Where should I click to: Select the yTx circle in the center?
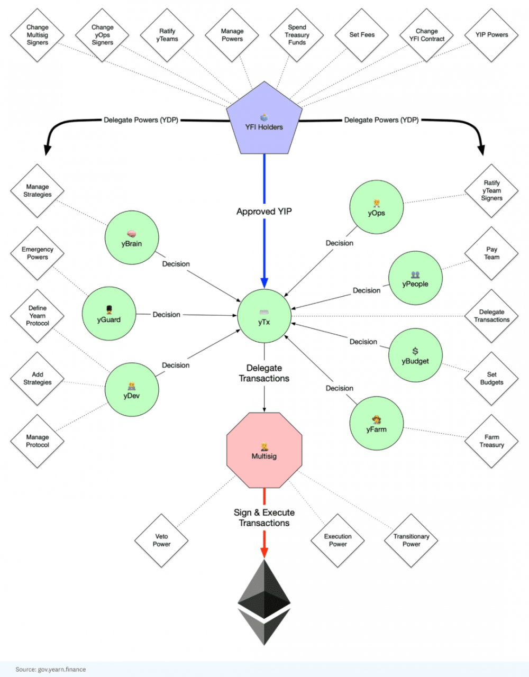[264, 316]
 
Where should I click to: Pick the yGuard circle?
[108, 314]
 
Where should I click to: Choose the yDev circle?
[131, 390]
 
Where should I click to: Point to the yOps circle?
[376, 208]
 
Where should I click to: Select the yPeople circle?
[415, 279]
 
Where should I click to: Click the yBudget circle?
[415, 355]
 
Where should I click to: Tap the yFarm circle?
[376, 424]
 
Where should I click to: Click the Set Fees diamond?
[362, 35]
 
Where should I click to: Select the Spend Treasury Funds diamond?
[297, 35]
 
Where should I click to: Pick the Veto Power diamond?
[161, 540]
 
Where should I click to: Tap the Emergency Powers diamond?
[38, 253]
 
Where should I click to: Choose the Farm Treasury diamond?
[491, 441]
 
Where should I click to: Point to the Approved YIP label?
[264, 212]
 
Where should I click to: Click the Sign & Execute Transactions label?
[264, 518]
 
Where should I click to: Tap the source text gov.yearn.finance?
[51, 669]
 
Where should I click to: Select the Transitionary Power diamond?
[411, 540]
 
